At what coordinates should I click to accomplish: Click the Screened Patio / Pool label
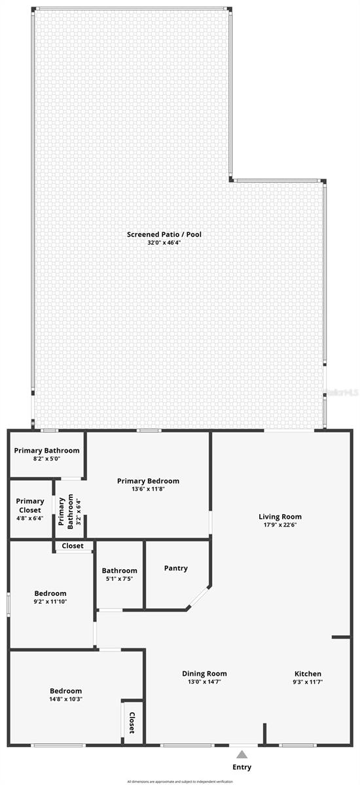pos(169,234)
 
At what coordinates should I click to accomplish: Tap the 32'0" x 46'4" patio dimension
pos(169,243)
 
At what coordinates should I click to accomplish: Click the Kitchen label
pos(308,674)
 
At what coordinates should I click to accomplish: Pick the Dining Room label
pos(204,674)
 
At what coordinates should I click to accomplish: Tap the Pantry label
pos(175,568)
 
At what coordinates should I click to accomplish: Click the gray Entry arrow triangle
pos(242,754)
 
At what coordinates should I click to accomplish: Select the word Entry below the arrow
pos(242,767)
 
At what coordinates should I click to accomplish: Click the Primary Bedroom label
pos(148,481)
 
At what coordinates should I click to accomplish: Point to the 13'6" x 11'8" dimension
pos(148,489)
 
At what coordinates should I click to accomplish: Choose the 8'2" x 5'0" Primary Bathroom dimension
pos(47,459)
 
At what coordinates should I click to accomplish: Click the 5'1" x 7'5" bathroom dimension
pos(119,578)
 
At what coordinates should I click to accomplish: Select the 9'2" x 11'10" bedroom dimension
pos(50,602)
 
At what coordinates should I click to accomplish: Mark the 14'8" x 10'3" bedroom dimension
pos(66,699)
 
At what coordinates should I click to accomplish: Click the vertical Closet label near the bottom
pos(132,722)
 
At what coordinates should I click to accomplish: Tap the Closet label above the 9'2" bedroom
pos(73,546)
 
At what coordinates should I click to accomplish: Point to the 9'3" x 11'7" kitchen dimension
pos(308,682)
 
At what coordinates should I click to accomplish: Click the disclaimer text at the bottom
pos(179,781)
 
